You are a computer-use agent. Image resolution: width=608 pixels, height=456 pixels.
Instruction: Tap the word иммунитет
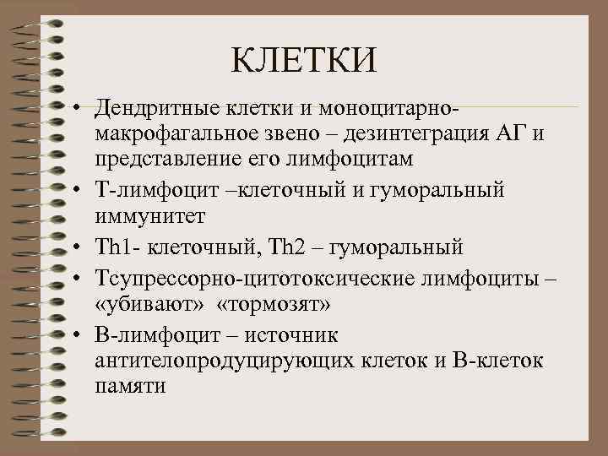coord(149,218)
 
